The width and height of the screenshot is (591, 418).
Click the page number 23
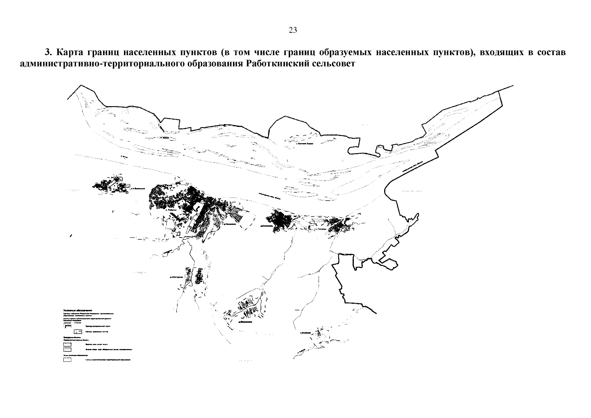[293, 30]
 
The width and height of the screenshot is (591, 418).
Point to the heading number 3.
[48, 53]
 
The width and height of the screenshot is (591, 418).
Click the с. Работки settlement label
[171, 210]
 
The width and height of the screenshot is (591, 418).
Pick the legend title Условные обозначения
[77, 310]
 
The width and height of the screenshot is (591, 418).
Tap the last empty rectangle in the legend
[67, 359]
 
